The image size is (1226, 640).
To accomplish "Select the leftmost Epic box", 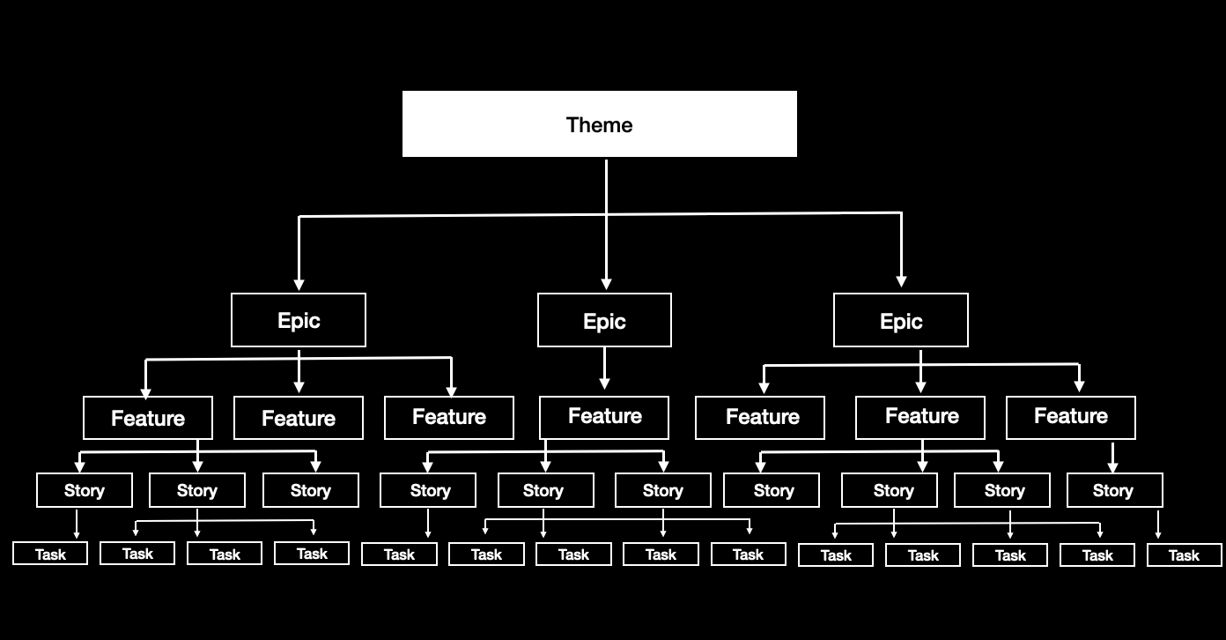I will (299, 320).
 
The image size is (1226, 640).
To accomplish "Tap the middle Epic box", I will (604, 320).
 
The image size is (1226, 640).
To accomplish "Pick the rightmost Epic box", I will (900, 320).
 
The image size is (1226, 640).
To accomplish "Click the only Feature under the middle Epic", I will (604, 417).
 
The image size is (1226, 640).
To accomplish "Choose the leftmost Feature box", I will (148, 418).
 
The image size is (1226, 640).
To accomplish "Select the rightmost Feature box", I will (1070, 417).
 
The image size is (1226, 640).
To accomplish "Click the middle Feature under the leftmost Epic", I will (299, 418).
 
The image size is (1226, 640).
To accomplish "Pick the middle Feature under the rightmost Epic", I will (920, 417).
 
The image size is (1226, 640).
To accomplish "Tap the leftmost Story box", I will (85, 490).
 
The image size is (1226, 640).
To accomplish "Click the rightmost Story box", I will (1114, 490).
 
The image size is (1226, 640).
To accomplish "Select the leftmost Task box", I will (50, 554).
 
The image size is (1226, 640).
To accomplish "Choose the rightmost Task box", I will (1184, 554).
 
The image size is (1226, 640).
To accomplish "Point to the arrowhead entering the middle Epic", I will (606, 284).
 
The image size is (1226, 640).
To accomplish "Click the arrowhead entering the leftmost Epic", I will (299, 284).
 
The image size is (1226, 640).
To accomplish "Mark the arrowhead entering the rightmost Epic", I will (901, 281).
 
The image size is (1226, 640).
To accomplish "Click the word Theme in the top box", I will (599, 125).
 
